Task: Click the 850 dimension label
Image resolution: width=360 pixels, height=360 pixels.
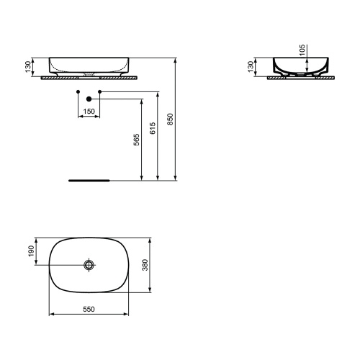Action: point(171,120)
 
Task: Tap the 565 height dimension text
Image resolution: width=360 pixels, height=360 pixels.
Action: point(135,142)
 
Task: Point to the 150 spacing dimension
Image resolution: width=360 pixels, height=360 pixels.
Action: point(88,112)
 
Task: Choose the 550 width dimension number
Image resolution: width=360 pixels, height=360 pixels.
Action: point(89,309)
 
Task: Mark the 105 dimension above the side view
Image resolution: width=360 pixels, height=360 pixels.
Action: point(302,50)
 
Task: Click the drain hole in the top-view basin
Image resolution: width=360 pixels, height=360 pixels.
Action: point(89,265)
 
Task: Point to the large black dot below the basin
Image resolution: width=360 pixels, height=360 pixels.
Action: point(89,98)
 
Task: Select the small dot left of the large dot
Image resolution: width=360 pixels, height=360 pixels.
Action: point(77,91)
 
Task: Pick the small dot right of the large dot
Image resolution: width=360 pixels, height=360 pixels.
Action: point(100,91)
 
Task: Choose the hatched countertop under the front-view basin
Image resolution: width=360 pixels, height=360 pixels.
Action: point(89,76)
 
